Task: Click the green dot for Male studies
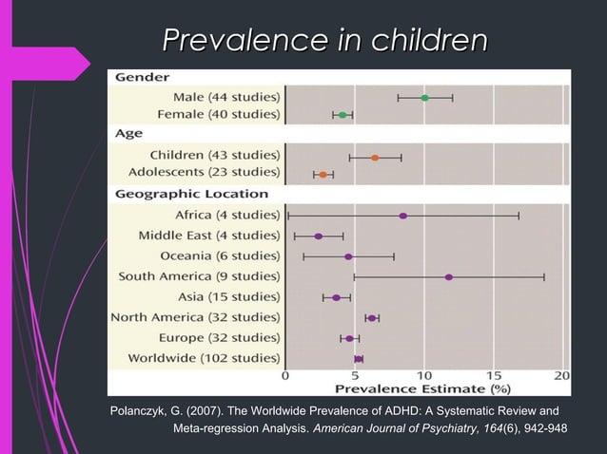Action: tap(424, 98)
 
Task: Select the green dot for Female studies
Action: tap(343, 115)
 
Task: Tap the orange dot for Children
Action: tap(375, 158)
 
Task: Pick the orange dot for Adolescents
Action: tap(323, 175)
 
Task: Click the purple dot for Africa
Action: tap(403, 216)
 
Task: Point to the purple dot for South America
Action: tap(448, 277)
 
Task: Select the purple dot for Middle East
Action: tap(319, 236)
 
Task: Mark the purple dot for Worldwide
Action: tap(358, 359)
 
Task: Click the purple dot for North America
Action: tap(372, 318)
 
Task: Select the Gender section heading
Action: tap(143, 77)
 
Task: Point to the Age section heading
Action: tap(129, 135)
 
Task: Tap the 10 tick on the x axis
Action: tap(424, 375)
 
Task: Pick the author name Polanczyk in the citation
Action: tap(145, 410)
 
